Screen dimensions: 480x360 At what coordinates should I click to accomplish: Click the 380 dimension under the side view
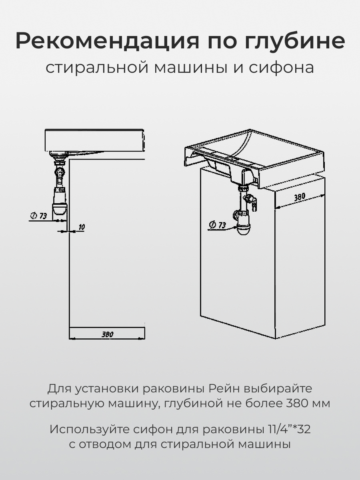107,334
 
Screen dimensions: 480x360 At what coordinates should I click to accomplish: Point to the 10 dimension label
81,227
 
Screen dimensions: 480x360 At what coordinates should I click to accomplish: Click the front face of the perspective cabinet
236,272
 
